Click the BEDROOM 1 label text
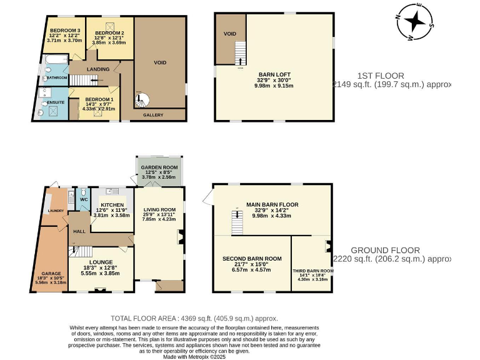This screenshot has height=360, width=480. click(99, 99)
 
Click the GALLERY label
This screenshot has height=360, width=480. click(153, 115)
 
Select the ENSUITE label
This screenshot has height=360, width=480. click(46, 101)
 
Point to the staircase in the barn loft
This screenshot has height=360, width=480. click(238, 52)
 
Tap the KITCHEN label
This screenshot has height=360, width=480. click(112, 204)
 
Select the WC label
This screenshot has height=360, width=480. click(82, 199)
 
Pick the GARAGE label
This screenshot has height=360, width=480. click(52, 274)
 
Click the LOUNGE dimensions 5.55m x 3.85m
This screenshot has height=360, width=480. click(100, 273)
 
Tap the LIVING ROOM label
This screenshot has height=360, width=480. click(159, 209)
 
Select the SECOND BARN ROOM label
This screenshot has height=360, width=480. click(252, 257)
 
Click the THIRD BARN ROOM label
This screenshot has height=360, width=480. click(314, 271)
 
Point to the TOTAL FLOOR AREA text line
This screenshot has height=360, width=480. click(194, 318)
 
